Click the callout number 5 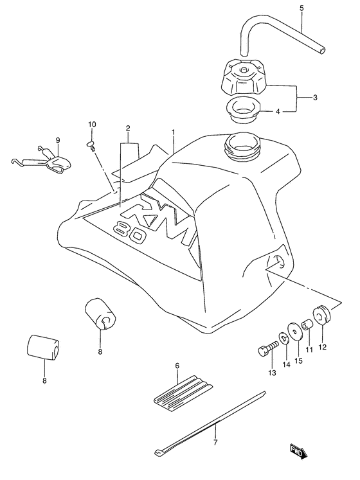click(301, 8)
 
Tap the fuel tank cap click(244, 80)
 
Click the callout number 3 click(314, 98)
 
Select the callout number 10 click(92, 124)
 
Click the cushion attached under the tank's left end click(100, 313)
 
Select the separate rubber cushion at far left click(43, 348)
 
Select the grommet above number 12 click(321, 314)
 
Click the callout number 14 click(287, 364)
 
